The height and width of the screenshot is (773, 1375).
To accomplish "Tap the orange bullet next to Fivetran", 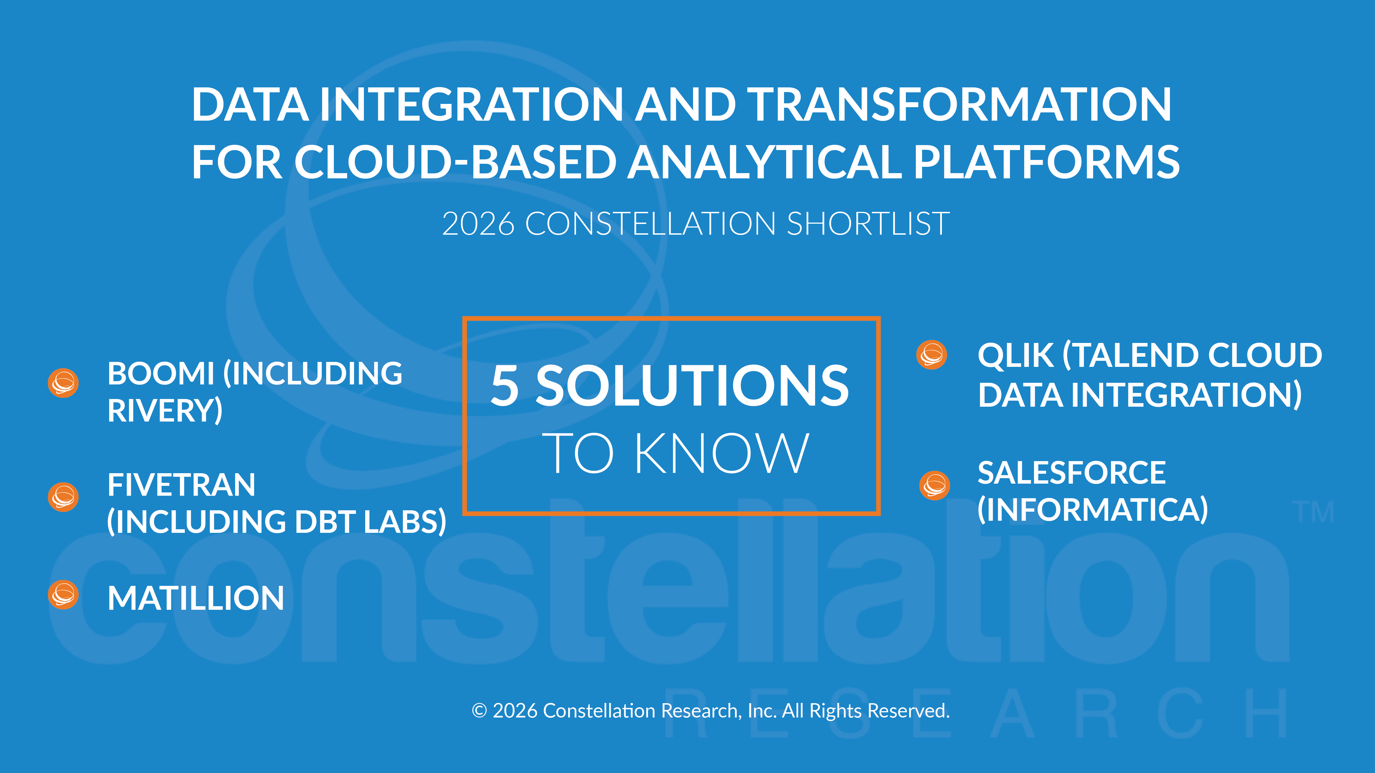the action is point(64,497).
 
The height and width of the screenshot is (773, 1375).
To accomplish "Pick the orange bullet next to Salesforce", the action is point(935,486).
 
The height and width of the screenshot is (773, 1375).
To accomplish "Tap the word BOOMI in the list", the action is point(161,373).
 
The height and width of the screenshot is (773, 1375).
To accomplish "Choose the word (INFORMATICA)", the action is point(1093,510).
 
